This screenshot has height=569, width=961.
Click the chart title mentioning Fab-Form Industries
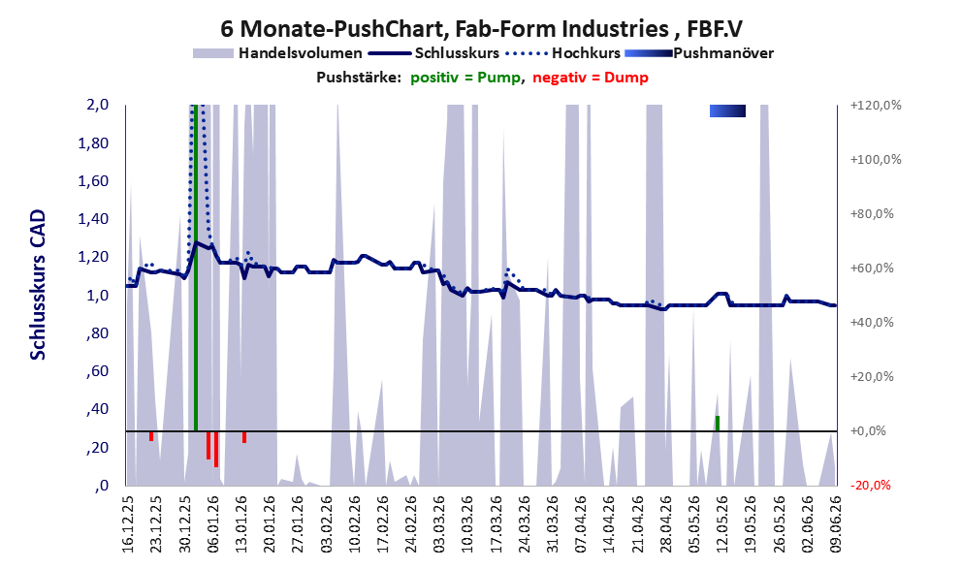481,28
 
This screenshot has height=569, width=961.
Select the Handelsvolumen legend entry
277,53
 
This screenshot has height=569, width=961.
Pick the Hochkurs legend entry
563,53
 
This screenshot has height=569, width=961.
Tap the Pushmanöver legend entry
699,53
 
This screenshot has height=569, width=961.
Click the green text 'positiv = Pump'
465,78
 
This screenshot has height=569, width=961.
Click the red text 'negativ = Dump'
591,78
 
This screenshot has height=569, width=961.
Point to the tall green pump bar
196,268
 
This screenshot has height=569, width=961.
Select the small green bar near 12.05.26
717,424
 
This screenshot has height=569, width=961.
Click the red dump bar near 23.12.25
151,436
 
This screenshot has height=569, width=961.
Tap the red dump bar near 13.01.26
244,437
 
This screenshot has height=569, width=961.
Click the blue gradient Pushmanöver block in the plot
727,111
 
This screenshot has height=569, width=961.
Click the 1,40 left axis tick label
94,219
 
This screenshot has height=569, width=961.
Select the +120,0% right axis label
876,106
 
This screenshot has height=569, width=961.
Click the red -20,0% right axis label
870,486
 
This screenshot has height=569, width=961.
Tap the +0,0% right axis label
868,431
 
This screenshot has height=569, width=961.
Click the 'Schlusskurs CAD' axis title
38,285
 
